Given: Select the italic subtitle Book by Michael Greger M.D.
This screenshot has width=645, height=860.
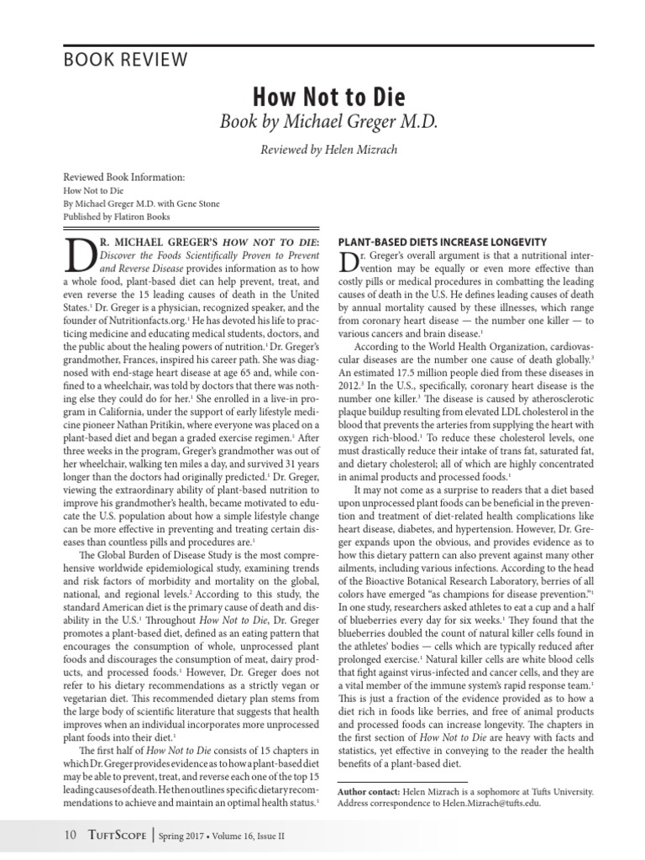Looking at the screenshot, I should pos(328,121).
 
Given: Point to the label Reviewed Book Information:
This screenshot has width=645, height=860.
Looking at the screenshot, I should pos(123,178).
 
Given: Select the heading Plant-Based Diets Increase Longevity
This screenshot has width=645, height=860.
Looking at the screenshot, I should pos(442,242).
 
